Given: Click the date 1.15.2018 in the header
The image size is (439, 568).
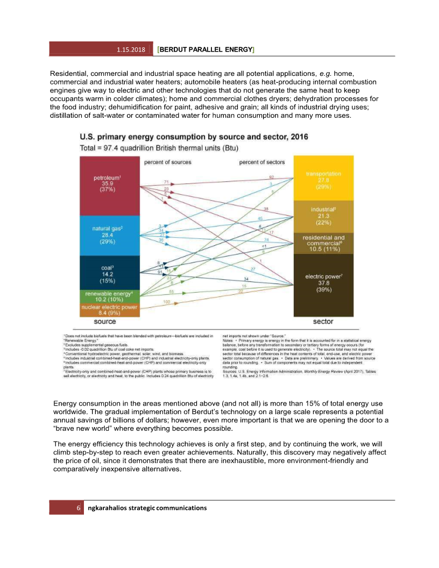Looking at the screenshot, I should [x=131, y=49].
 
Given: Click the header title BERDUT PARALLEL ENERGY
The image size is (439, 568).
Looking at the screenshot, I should [x=206, y=49].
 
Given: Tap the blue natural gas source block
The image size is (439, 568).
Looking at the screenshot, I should [x=109, y=235].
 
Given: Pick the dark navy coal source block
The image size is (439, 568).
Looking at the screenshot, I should [x=109, y=273].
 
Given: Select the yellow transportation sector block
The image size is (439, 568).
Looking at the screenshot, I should [x=323, y=177].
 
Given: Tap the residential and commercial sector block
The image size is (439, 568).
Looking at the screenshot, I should [x=323, y=243].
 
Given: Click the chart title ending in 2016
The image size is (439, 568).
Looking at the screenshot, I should [x=194, y=137].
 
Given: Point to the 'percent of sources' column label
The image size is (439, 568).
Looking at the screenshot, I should [x=167, y=162].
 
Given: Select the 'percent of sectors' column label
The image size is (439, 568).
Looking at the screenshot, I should [x=262, y=162].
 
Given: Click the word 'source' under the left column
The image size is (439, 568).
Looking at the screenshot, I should [x=105, y=322].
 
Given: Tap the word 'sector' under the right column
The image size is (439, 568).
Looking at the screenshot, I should [x=323, y=322].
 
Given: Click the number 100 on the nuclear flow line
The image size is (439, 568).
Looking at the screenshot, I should [x=166, y=302].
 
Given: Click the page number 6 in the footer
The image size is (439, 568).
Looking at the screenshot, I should [x=79, y=508].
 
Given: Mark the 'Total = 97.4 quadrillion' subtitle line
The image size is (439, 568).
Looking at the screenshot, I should [x=159, y=147].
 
